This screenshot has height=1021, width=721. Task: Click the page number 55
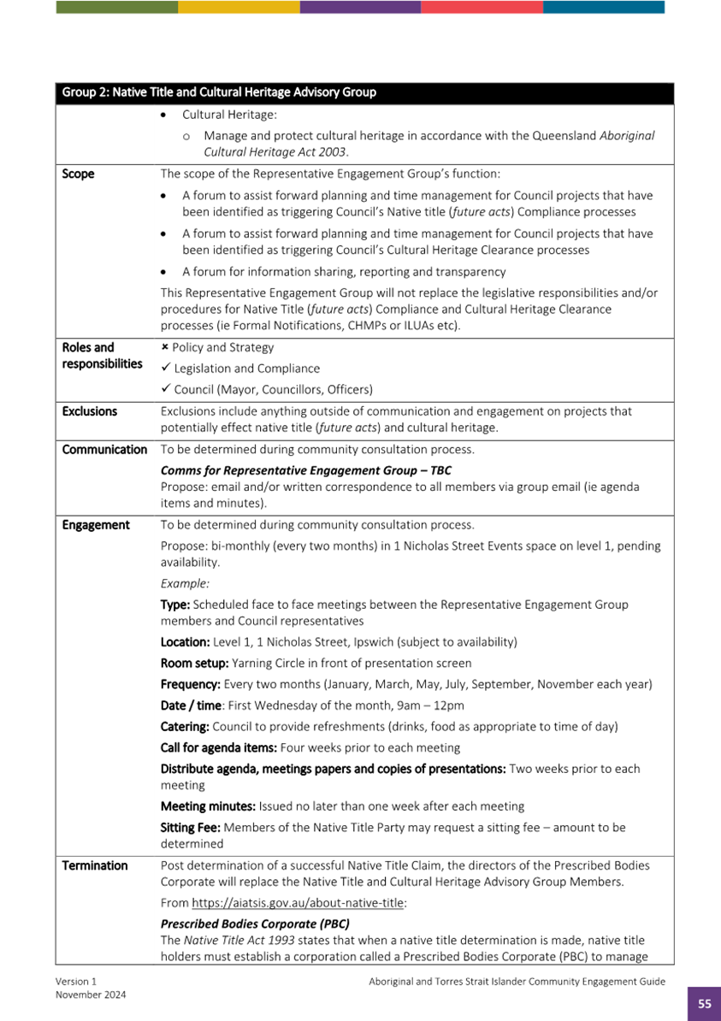704,1004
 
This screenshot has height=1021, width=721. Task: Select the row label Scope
79,174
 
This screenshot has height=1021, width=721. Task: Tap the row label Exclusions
90,411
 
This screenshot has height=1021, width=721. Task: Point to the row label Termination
95,865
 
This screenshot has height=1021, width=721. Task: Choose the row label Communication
104,449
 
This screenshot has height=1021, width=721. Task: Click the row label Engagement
96,525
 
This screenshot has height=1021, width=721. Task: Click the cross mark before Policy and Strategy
165,347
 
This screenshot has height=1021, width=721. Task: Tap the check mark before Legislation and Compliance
166,369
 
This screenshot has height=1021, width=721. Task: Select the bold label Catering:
186,727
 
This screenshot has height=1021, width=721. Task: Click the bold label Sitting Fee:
191,827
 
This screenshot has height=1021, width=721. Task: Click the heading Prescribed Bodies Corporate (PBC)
255,924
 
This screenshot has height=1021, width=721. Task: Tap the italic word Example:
185,583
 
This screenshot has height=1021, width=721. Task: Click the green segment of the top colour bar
117,7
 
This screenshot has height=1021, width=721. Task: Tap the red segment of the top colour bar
482,7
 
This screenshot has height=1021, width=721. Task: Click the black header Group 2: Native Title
219,92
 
